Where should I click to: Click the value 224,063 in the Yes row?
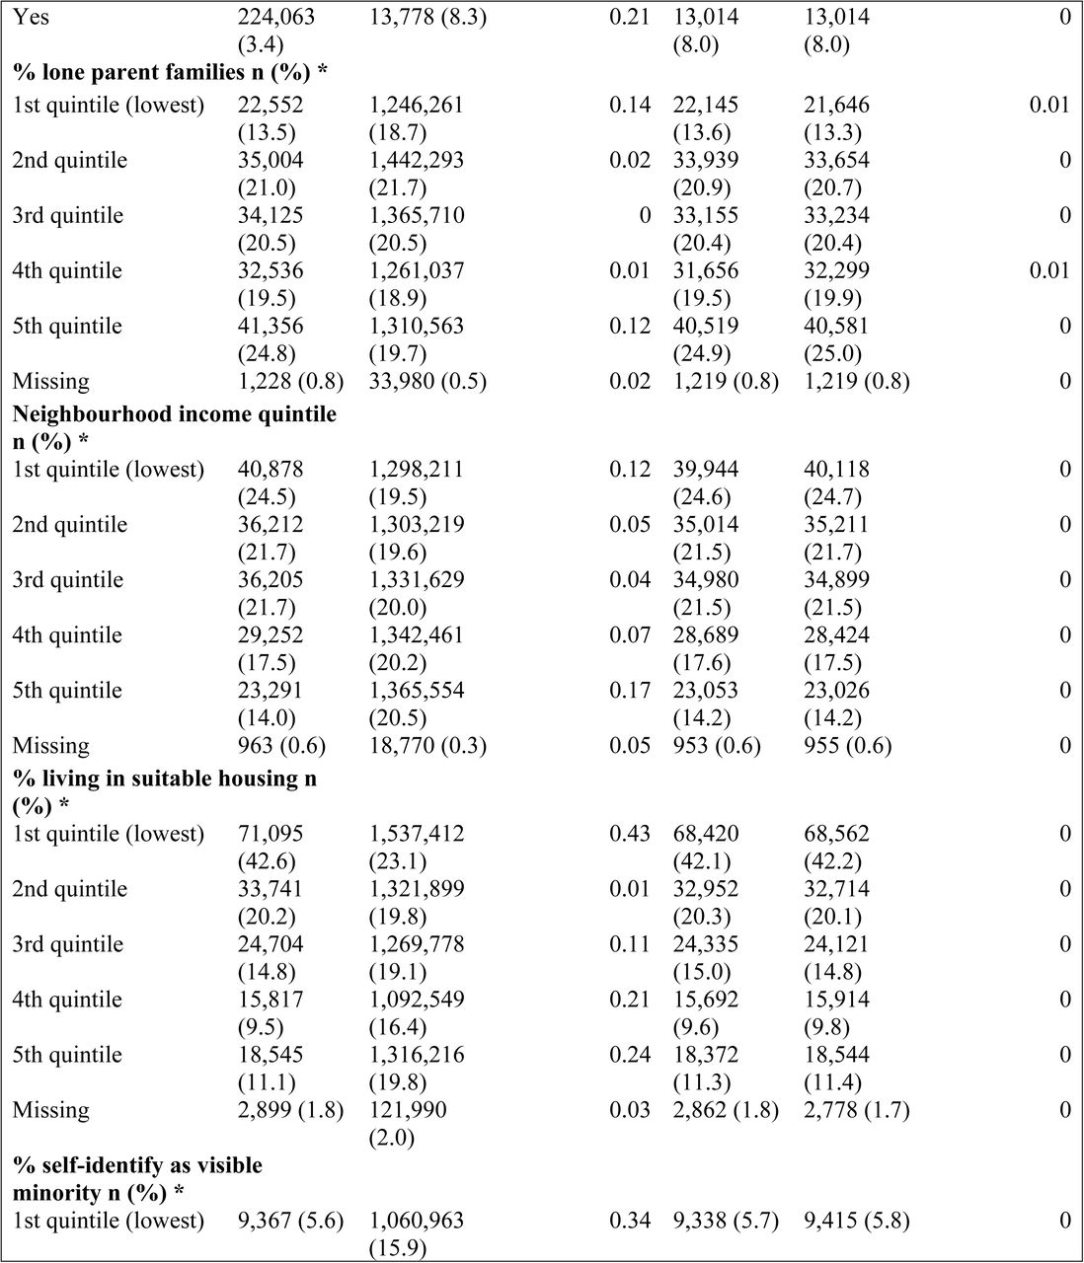pos(276,17)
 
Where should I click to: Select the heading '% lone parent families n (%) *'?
pos(170,73)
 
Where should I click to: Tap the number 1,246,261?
pos(416,106)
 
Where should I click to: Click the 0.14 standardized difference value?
pos(630,106)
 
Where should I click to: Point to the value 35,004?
pos(271,160)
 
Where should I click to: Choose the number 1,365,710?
pos(417,215)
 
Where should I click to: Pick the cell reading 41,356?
pos(271,326)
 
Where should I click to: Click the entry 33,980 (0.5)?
pos(427,381)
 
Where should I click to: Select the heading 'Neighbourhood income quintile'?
pos(174,414)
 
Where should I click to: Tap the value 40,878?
pos(271,470)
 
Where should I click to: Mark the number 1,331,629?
pos(417,579)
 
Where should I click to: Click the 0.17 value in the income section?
pos(630,690)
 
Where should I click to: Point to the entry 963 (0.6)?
pos(281,745)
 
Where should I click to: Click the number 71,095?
pos(271,834)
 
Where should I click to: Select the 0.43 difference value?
pos(630,834)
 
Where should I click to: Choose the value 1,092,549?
pos(417,999)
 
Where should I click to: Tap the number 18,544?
pos(836,1054)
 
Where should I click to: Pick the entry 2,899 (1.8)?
pos(290,1110)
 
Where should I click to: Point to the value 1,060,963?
pos(417,1221)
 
